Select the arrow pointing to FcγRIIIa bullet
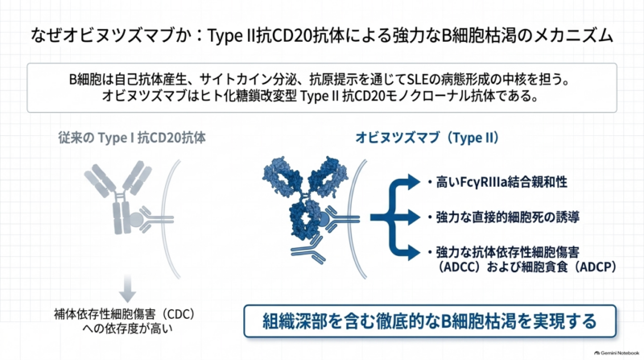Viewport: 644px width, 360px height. [x=407, y=182]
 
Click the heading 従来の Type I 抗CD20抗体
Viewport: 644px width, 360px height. [x=132, y=138]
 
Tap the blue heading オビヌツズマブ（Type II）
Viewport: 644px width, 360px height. [x=427, y=138]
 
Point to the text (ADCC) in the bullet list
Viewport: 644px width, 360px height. [x=460, y=267]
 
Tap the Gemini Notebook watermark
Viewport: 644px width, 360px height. [x=617, y=353]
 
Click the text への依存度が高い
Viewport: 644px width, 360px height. [x=127, y=329]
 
